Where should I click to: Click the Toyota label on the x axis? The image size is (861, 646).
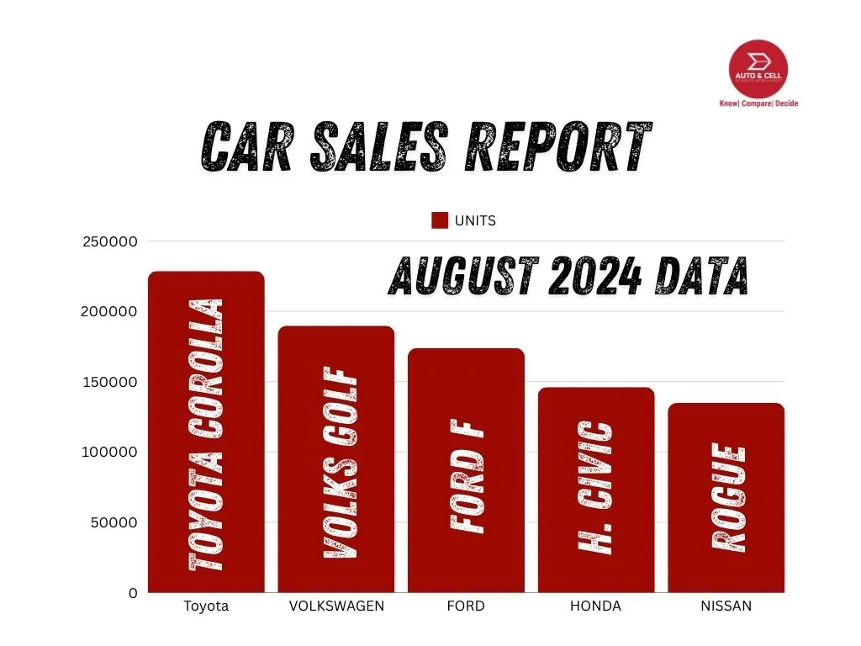pos(206,606)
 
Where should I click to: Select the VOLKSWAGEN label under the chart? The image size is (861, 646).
pos(336,606)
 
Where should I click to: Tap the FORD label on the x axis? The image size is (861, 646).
pos(466,606)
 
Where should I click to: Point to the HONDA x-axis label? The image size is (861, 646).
pos(595,606)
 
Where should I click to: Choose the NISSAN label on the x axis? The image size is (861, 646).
pos(726,606)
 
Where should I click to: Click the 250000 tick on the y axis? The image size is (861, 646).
pos(109,242)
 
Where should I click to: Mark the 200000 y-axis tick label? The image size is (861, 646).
pos(109,312)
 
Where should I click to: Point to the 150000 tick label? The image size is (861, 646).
pos(109,383)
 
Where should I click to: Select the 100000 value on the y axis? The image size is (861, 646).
pos(109,453)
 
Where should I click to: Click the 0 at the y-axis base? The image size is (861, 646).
pos(133,593)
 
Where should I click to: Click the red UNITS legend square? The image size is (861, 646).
pos(440,220)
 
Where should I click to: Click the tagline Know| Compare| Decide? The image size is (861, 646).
pos(758,103)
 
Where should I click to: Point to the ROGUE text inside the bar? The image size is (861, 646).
pos(728,498)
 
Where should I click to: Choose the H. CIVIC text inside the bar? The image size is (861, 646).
pos(597,488)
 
